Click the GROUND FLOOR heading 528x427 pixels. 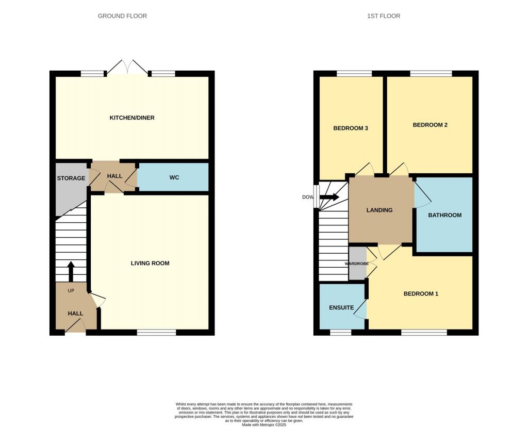click(x=122, y=16)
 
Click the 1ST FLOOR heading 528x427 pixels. click(x=383, y=16)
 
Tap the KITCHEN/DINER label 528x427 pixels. click(x=132, y=118)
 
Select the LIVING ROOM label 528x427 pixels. click(x=150, y=264)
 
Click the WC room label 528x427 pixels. click(x=174, y=178)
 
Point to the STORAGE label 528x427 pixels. click(x=71, y=178)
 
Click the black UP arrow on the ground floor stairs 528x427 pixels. click(x=71, y=271)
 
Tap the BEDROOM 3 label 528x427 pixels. click(x=350, y=128)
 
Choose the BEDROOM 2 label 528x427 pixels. click(x=430, y=125)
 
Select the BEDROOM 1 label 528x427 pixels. click(x=421, y=294)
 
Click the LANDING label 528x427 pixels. click(x=379, y=210)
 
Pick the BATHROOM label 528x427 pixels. click(x=445, y=215)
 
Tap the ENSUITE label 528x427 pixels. click(x=341, y=308)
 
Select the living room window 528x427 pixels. click(x=156, y=333)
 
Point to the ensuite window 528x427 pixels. click(x=340, y=333)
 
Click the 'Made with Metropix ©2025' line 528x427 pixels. click(x=263, y=424)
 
